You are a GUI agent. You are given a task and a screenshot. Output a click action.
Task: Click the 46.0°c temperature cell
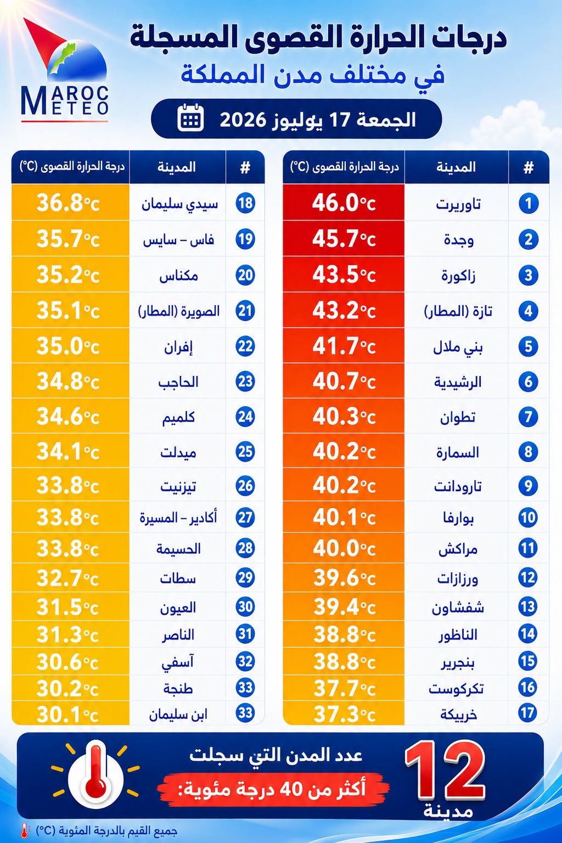(x=344, y=203)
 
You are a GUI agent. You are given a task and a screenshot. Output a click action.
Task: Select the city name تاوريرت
(x=458, y=204)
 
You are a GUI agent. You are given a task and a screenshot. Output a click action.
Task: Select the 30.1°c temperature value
(x=68, y=713)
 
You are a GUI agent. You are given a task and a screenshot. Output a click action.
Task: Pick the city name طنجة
(x=178, y=688)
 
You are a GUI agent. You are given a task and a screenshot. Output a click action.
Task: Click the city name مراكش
(x=458, y=549)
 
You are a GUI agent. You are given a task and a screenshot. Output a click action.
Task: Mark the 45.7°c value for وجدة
(x=344, y=239)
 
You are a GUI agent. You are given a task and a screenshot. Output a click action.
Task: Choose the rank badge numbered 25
(x=245, y=451)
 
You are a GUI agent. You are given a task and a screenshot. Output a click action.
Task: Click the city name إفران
(x=178, y=347)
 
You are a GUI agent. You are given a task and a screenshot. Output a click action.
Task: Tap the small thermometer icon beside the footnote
(x=25, y=830)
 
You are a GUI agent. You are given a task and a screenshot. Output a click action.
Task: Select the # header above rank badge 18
(x=245, y=167)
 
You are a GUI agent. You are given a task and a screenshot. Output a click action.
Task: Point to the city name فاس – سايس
(x=178, y=240)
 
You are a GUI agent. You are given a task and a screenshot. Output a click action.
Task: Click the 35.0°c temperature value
(x=68, y=346)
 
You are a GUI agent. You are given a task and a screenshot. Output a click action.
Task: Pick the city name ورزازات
(x=458, y=578)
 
